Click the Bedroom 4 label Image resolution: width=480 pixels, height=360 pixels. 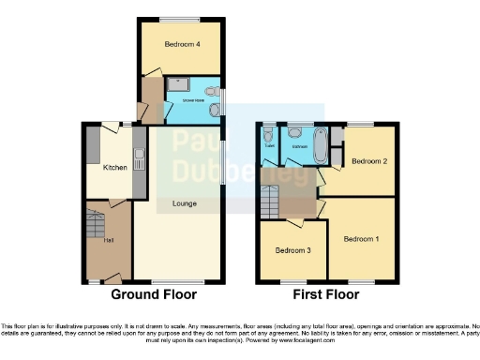[184, 45]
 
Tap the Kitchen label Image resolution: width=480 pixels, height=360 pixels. [114, 168]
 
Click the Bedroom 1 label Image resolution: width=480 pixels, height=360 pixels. [361, 239]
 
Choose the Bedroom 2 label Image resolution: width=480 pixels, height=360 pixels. [369, 161]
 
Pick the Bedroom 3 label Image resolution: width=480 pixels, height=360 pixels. [293, 250]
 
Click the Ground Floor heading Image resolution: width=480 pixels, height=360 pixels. [154, 294]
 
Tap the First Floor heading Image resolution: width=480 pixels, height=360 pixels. [326, 294]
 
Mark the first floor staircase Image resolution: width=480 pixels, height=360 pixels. [271, 200]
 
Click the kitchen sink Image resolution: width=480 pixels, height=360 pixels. [138, 155]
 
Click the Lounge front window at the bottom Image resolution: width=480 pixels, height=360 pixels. [178, 281]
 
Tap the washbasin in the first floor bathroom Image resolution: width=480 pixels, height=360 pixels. [295, 133]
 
